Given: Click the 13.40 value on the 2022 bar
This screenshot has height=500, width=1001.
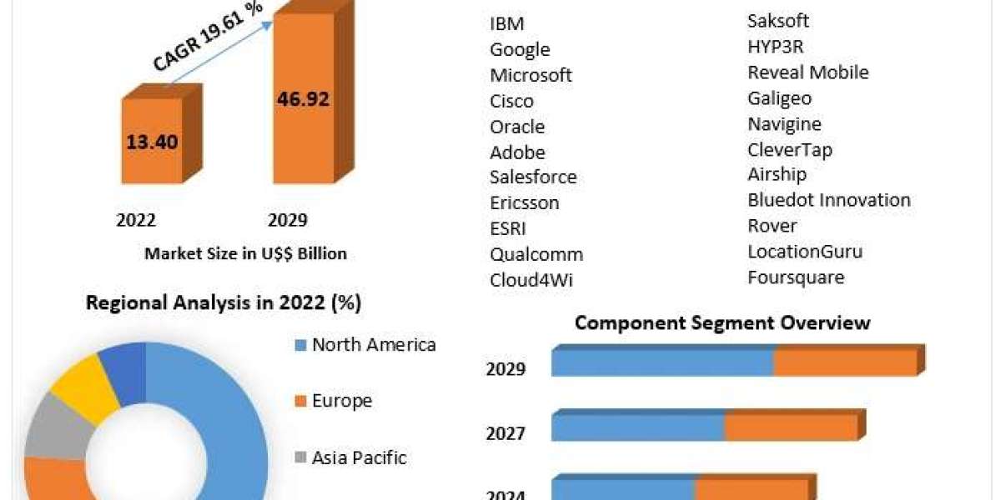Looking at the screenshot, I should pos(152,142).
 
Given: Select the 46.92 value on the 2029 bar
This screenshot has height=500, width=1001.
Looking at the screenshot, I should pos(303,99).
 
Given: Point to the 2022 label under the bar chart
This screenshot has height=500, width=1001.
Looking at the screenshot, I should pos(136,220).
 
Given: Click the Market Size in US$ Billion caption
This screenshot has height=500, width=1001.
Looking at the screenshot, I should pos(245,253).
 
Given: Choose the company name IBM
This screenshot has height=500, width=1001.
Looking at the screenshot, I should pos(507,23).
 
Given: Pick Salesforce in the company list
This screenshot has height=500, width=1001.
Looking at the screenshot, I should pos(533,177).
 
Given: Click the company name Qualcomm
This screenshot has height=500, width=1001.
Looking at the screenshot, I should pos(536,254).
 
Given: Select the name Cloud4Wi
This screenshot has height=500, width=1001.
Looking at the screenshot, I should pos(531,280).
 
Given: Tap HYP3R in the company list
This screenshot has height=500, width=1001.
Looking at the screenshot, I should pos(776,47).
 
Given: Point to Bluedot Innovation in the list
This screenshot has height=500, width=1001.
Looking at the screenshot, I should pos(829,200).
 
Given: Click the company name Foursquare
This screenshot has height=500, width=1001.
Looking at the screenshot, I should pos(796,277).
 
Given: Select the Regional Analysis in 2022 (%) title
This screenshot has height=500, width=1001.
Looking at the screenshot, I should pos(224,303).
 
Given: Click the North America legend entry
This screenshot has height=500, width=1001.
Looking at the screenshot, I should pos(373,345).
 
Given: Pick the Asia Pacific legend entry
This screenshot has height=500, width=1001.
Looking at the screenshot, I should pos(359,457).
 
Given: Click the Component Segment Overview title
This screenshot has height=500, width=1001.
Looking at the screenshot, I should pos(722,322).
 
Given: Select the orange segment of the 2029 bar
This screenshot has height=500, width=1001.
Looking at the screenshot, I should pos(845,363).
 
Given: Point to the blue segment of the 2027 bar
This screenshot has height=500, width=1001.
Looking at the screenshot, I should pos(637,427).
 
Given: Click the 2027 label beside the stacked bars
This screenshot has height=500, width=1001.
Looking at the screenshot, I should pos(506,433).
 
